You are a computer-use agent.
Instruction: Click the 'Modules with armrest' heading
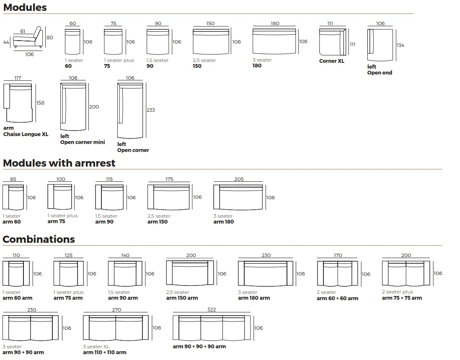click(59, 163)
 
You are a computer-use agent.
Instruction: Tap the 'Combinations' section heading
click(39, 239)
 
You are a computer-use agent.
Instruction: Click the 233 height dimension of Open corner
click(151, 110)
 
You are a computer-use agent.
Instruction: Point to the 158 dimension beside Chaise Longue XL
click(40, 103)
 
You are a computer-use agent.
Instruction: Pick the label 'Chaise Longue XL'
click(26, 134)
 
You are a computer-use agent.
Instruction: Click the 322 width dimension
click(212, 309)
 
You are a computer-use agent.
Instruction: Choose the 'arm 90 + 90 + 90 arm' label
click(199, 347)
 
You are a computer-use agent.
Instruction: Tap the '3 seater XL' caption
click(96, 347)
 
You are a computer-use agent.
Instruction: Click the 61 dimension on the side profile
click(23, 31)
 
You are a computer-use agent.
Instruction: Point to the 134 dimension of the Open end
click(401, 45)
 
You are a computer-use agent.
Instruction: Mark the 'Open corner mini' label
click(83, 142)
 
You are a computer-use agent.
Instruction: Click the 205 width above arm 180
click(239, 179)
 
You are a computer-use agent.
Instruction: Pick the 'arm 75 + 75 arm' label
click(402, 298)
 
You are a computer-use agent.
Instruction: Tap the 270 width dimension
click(116, 310)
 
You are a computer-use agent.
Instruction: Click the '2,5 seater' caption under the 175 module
click(159, 216)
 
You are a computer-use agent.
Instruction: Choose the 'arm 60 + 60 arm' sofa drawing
click(337, 274)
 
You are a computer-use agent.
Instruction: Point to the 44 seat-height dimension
click(6, 42)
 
